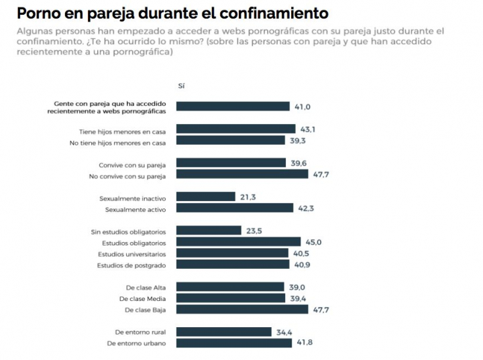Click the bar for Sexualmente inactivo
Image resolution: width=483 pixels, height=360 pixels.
click(x=207, y=197)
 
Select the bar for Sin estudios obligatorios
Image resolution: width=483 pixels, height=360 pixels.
click(x=209, y=231)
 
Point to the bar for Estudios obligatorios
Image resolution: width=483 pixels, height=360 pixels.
click(x=239, y=242)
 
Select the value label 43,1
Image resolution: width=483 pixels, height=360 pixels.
click(x=307, y=129)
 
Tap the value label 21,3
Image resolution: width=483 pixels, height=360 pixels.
click(x=248, y=197)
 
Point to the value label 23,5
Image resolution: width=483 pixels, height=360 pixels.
click(x=254, y=231)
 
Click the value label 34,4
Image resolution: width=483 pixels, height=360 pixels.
click(x=284, y=332)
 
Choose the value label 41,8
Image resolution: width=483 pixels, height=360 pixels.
click(x=305, y=343)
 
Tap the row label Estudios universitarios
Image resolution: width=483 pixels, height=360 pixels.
click(x=131, y=254)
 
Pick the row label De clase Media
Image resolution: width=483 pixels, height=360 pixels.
click(x=142, y=298)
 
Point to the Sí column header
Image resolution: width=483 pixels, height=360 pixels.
click(x=181, y=86)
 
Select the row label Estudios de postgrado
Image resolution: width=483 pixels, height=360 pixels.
click(x=132, y=265)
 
